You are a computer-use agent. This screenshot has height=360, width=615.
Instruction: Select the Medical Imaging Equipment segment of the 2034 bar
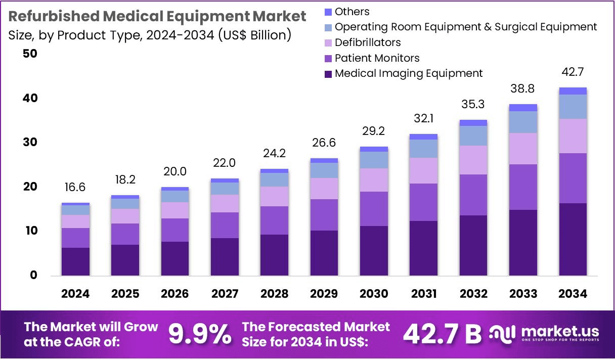[573, 239]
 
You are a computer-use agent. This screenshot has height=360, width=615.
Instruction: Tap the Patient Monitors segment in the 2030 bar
[374, 209]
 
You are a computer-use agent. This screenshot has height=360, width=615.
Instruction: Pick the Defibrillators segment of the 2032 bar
[473, 160]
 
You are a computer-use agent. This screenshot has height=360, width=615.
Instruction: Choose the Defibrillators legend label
[368, 42]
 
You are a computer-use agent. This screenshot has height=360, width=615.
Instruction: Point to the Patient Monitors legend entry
[377, 58]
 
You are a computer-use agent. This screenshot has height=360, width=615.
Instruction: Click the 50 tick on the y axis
[30, 54]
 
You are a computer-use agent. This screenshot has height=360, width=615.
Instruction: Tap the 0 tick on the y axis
[34, 276]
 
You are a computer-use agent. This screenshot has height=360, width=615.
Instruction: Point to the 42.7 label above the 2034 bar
[573, 72]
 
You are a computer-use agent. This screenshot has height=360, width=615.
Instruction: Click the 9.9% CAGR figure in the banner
[200, 334]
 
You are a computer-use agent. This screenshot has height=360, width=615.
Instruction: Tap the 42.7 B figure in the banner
[442, 334]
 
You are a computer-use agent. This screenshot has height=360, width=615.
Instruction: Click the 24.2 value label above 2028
[274, 152]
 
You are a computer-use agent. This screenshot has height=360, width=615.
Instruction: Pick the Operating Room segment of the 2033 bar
[523, 122]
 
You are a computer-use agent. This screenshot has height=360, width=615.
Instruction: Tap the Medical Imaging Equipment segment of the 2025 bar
[125, 260]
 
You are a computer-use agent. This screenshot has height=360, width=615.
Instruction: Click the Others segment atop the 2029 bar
[324, 160]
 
